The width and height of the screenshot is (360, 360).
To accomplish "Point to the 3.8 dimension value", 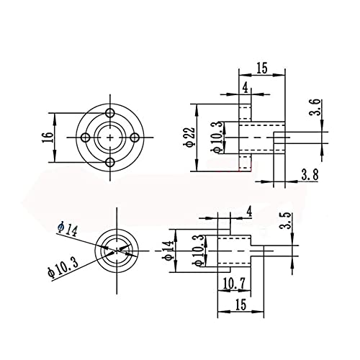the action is pyautogui.click(x=310, y=174).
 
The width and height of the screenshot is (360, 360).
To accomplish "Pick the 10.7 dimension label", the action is pyautogui.click(x=234, y=284).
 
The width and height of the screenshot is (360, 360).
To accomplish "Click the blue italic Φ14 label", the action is pyautogui.click(x=68, y=230).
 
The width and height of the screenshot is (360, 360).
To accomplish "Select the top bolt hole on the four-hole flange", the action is pyautogui.click(x=110, y=112).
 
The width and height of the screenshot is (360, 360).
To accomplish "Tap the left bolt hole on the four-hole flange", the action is pyautogui.click(x=86, y=138).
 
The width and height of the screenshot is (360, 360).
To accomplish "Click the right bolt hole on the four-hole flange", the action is pyautogui.click(x=135, y=138).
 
